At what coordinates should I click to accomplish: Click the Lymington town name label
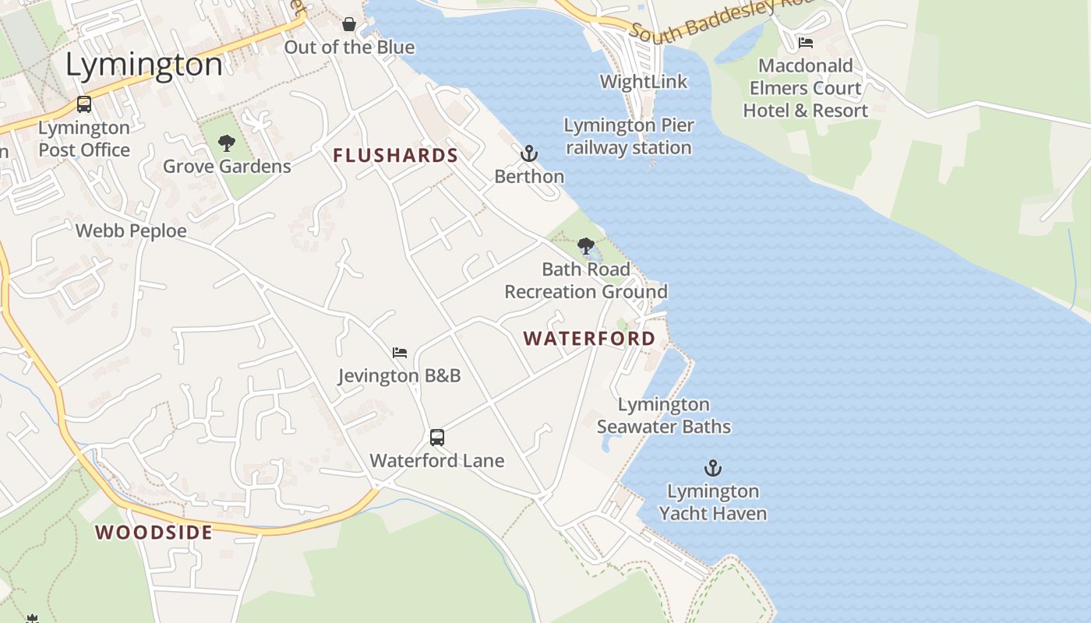tap(144, 65)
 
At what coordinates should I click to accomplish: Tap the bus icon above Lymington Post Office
tap(84, 104)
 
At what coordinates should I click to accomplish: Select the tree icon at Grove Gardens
tap(227, 143)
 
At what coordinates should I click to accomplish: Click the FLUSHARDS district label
tap(395, 156)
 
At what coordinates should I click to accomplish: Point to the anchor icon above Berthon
tap(529, 153)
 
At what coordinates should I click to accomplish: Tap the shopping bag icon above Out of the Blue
tap(349, 24)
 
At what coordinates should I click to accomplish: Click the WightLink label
tap(644, 82)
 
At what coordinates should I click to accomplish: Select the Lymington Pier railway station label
tap(629, 136)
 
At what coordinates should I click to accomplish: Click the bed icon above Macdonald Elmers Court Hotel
tap(805, 42)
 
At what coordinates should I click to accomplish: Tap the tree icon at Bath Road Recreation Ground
tap(586, 247)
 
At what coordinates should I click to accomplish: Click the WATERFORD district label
tap(589, 339)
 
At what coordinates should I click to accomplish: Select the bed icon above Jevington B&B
tap(400, 353)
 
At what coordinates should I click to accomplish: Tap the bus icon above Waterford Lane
tap(437, 438)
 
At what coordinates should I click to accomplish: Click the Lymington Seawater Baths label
tap(664, 416)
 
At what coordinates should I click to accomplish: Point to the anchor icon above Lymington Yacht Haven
tap(713, 468)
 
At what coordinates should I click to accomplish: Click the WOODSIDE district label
tap(154, 533)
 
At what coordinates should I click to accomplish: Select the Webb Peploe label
tap(131, 231)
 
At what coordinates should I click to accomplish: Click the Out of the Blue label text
tap(349, 48)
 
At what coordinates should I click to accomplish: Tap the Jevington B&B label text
tap(400, 376)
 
